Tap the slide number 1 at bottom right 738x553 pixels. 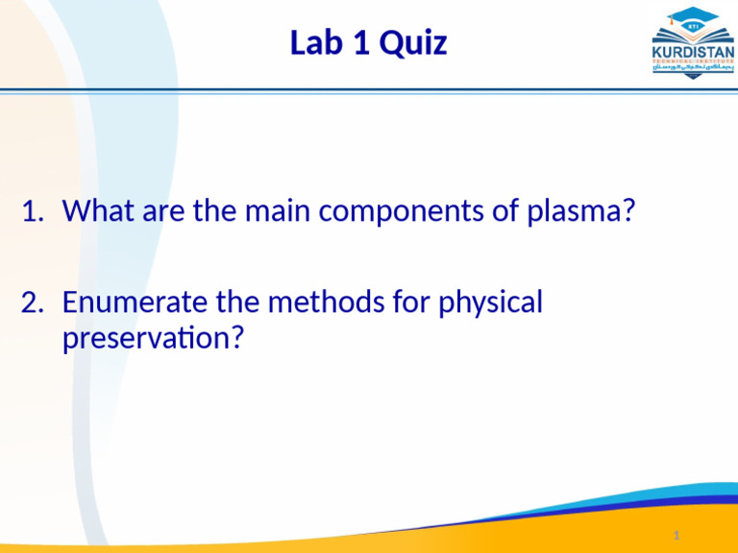[676, 535]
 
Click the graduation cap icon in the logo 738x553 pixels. [692, 21]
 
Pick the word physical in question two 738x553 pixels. [490, 303]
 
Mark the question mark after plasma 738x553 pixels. [628, 210]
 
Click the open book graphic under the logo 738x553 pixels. [692, 73]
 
